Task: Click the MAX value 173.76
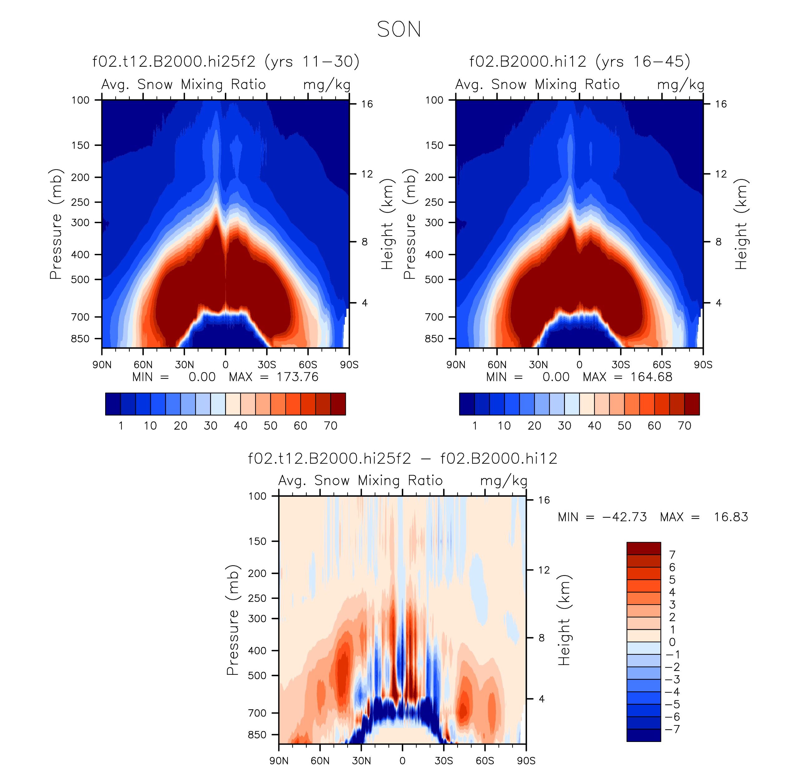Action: point(297,377)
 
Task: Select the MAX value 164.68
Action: point(651,377)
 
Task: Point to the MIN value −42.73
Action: point(624,517)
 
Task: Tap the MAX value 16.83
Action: point(731,517)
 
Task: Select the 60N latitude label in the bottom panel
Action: point(320,761)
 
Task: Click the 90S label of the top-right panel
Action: point(703,365)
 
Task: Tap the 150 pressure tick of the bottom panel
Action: point(257,541)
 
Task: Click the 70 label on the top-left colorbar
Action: point(331,426)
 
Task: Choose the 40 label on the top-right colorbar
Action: point(594,426)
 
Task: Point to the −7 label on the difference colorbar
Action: point(673,729)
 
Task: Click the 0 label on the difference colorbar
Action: point(672,642)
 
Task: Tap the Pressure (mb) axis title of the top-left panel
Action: point(56,224)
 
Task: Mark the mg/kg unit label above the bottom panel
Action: point(504,481)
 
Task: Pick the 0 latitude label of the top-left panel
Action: point(225,365)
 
